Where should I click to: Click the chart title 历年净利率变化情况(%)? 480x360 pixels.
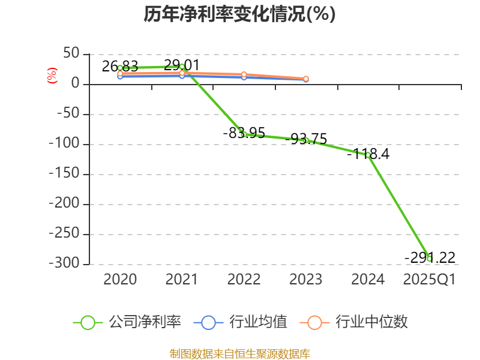click(239, 14)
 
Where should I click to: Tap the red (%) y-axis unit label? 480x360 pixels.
click(52, 76)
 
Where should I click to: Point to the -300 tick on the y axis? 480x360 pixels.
click(65, 263)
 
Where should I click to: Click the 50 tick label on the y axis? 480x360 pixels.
click(71, 53)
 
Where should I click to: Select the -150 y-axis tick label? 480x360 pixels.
click(65, 173)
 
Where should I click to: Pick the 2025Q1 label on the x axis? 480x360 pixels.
click(430, 280)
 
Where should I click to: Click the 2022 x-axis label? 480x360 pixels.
click(244, 280)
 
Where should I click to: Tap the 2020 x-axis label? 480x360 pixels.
click(120, 280)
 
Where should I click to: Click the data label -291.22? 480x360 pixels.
click(430, 258)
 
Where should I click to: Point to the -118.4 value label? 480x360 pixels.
click(368, 154)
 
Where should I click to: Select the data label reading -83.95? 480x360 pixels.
click(244, 133)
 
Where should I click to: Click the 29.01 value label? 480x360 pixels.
click(182, 65)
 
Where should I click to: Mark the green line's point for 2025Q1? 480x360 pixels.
click(430, 259)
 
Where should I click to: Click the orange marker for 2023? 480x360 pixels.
click(306, 79)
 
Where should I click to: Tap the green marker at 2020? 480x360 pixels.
click(120, 68)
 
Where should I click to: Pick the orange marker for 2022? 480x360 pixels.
click(244, 74)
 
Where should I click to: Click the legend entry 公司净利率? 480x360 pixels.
click(127, 322)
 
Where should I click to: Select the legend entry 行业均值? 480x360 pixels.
click(241, 322)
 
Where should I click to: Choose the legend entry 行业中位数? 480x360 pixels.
click(354, 322)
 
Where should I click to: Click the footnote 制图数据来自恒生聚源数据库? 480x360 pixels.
click(240, 354)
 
